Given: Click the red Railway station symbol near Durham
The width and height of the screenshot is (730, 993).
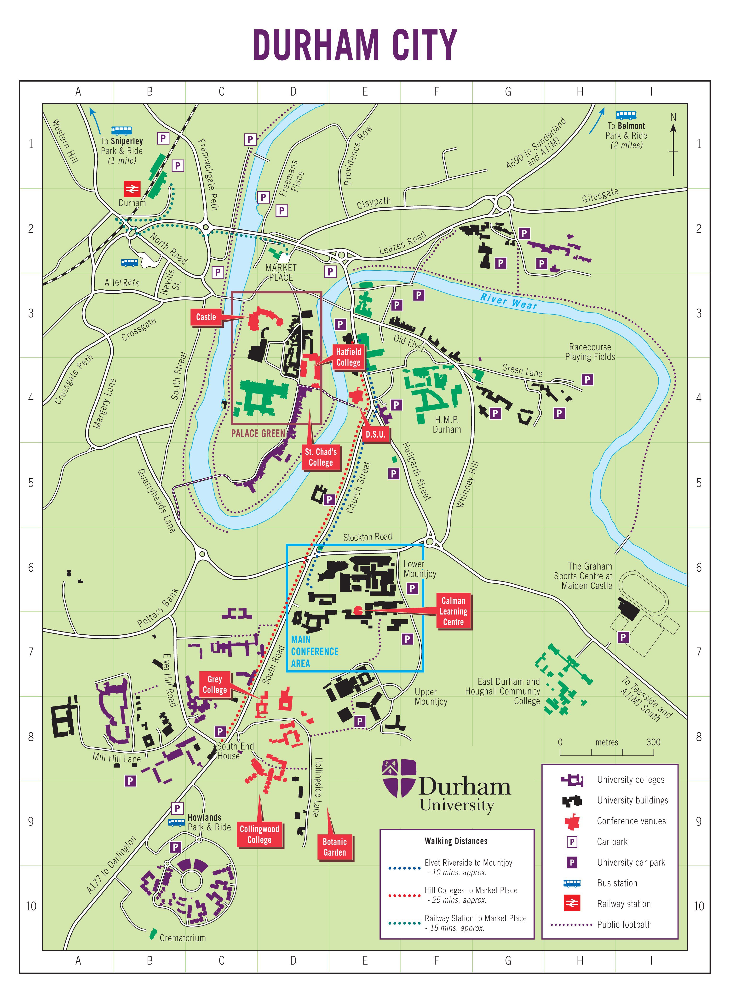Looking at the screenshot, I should tap(132, 189).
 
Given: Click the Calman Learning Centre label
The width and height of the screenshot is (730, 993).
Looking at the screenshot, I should tap(453, 611).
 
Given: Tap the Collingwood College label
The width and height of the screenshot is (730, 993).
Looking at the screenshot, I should tap(259, 834).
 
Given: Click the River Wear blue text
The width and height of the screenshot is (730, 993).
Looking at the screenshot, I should tap(509, 302).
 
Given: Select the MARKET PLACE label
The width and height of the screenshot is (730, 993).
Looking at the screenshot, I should tap(281, 272).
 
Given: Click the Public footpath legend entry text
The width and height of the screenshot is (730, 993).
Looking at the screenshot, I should tap(624, 924).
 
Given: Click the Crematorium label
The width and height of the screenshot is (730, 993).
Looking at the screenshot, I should tap(183, 937).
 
